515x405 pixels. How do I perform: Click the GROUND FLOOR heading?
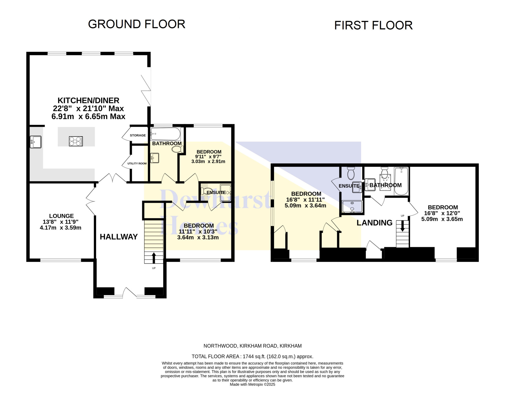click(136, 24)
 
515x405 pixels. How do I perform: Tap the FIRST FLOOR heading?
click(373, 26)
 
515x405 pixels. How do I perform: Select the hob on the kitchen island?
click(76, 141)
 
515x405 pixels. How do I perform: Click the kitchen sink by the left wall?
click(36, 142)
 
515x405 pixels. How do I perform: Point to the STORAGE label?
click(138, 135)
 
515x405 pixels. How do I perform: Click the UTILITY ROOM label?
click(137, 163)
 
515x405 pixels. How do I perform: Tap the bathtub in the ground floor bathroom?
click(166, 134)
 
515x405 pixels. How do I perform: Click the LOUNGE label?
click(62, 216)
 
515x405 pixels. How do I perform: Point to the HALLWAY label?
click(119, 237)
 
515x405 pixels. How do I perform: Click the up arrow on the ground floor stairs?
click(154, 258)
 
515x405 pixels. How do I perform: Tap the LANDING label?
click(374, 223)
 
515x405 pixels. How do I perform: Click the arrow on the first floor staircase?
click(402, 226)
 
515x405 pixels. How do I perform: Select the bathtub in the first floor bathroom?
click(401, 181)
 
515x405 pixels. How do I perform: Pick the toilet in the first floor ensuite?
click(351, 173)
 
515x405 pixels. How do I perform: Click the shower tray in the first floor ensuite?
click(352, 207)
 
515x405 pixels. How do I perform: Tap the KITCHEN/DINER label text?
click(88, 100)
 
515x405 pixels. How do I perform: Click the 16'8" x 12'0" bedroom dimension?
click(442, 213)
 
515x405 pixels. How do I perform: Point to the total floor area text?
click(252, 357)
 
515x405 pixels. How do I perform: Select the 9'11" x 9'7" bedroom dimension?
click(208, 157)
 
